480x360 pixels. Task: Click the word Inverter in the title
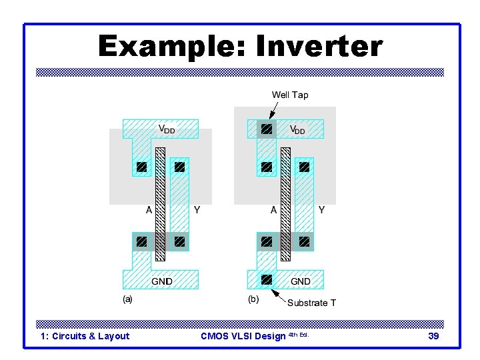tap(315, 47)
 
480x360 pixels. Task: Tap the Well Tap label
tap(290, 95)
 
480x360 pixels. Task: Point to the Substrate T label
tap(311, 303)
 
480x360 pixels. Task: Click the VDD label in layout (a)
tap(167, 129)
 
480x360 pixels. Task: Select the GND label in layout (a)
tap(161, 281)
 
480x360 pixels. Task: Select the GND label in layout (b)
tap(300, 281)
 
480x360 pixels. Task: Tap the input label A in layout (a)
tap(149, 210)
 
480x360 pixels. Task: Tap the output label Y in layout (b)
tap(322, 210)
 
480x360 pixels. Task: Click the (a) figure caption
tap(127, 299)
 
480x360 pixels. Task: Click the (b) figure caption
tap(253, 299)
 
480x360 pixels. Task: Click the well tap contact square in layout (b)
tap(266, 129)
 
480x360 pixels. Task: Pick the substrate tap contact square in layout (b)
tap(266, 279)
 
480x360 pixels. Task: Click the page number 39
tap(433, 336)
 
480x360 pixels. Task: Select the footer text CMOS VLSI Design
tap(243, 336)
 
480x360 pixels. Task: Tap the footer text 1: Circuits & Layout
tap(85, 336)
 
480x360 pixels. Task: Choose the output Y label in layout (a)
tap(197, 210)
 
